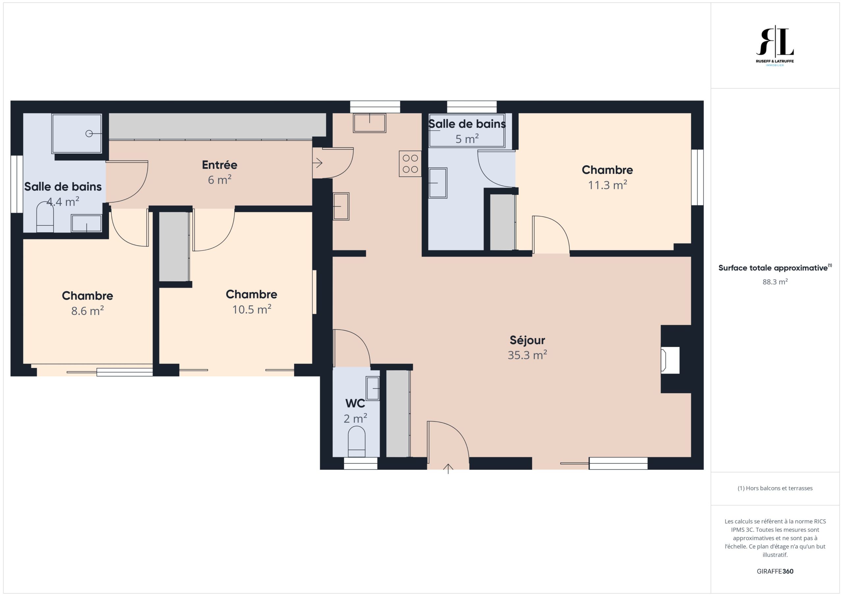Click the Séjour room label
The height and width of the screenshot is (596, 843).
(x=527, y=341)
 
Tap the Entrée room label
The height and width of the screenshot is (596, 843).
(x=220, y=165)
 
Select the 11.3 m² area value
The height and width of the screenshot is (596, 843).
(x=607, y=185)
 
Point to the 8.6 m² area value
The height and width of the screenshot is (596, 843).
(x=87, y=311)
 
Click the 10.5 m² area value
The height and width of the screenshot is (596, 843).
(x=252, y=309)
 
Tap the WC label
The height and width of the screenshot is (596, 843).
(x=355, y=404)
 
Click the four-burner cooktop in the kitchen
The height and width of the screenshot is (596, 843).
(x=410, y=164)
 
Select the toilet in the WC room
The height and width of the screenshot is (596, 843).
(x=357, y=442)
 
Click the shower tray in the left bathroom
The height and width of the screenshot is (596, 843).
(x=77, y=134)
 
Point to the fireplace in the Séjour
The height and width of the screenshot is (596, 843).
(x=670, y=360)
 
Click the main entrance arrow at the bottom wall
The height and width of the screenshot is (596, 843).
(x=448, y=469)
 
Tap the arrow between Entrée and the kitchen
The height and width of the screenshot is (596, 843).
(x=317, y=163)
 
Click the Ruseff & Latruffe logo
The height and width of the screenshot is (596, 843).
(x=775, y=46)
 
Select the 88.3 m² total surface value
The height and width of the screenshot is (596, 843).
(x=775, y=282)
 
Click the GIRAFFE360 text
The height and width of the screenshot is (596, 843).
(x=775, y=571)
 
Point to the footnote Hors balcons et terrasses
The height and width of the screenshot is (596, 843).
(x=775, y=488)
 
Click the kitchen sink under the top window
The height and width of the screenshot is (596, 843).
(x=369, y=122)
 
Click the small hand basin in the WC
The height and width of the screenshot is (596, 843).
(x=373, y=388)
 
